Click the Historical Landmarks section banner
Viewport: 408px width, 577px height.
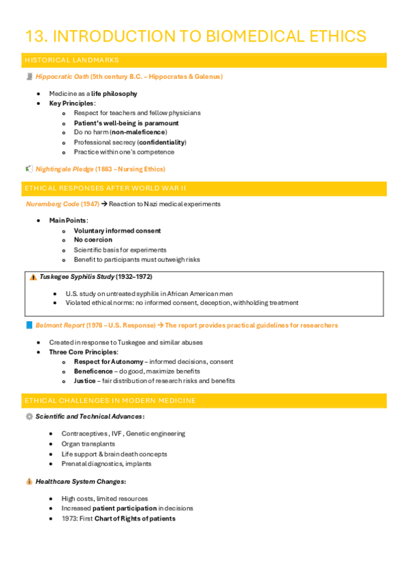[x=204, y=61]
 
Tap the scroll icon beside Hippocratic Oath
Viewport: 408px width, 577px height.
[x=29, y=77]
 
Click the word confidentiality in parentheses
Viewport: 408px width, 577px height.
[x=161, y=142]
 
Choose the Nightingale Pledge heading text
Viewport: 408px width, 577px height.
[x=67, y=169]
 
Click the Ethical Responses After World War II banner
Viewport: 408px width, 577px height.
[x=204, y=188]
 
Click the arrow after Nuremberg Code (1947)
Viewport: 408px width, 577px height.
[x=104, y=204]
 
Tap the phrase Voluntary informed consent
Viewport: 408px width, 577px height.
[x=117, y=231]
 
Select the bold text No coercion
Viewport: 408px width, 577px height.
[x=93, y=240]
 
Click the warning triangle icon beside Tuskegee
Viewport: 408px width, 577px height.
[x=33, y=277]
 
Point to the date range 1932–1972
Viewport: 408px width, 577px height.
[x=134, y=277]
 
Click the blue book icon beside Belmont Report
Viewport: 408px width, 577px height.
[x=29, y=325]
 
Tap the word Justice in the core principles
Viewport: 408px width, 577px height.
[x=84, y=381]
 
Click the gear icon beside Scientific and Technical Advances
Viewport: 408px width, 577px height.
[x=29, y=416]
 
